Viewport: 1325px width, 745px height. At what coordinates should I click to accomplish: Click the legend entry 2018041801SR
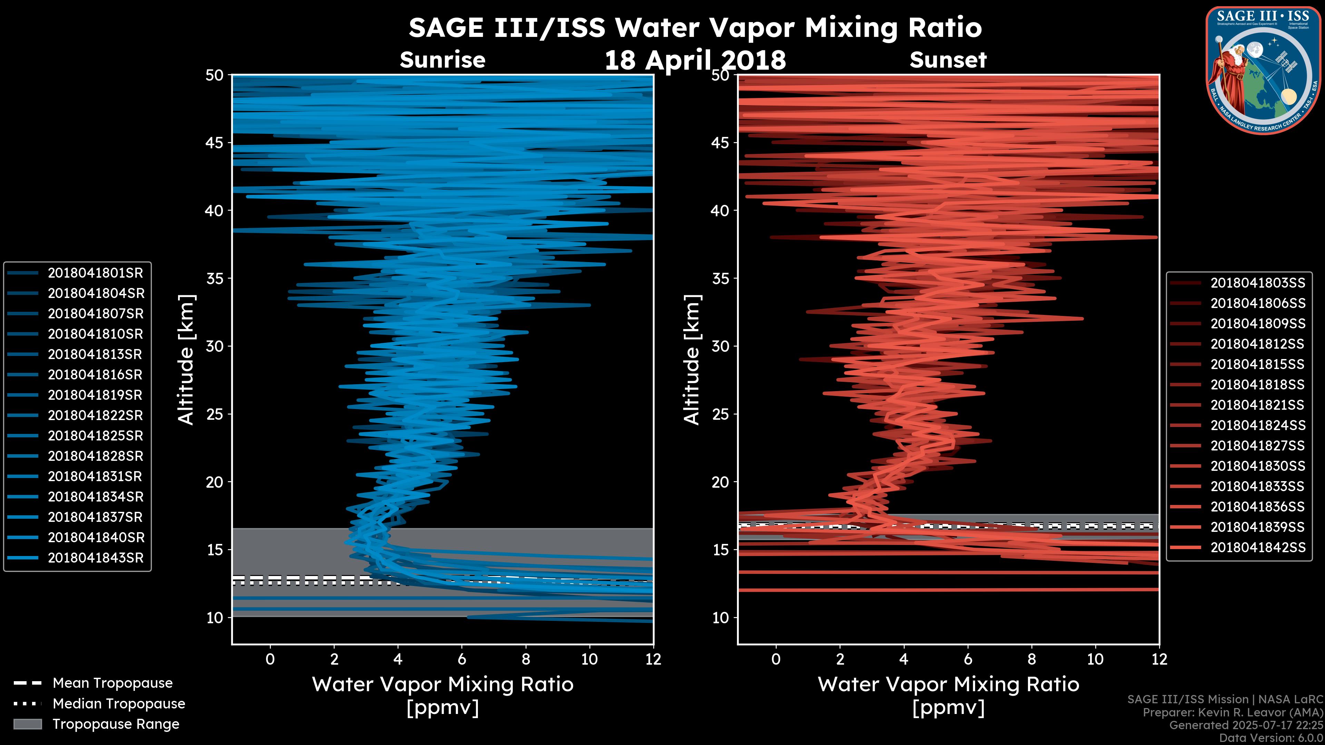point(95,273)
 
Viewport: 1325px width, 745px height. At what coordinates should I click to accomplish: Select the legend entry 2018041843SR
point(95,558)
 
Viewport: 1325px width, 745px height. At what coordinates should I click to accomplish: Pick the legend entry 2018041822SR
point(95,415)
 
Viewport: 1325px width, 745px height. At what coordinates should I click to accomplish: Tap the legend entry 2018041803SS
point(1258,283)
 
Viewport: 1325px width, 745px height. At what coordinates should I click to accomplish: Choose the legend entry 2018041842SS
point(1258,548)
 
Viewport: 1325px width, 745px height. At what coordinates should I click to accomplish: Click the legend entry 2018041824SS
point(1258,426)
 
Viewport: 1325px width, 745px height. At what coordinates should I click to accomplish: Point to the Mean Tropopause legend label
point(112,683)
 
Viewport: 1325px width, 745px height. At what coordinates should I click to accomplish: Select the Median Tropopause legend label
point(118,704)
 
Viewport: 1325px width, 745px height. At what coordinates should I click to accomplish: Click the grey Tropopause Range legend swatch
point(27,724)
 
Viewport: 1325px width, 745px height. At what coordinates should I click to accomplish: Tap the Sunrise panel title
point(442,60)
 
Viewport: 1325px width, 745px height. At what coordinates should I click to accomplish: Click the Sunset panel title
point(948,60)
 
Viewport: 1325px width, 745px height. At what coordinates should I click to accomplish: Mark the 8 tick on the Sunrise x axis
point(526,659)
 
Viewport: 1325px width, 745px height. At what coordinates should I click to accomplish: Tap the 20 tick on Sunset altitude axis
point(720,482)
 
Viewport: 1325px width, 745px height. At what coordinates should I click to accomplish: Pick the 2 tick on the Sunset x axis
point(840,659)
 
